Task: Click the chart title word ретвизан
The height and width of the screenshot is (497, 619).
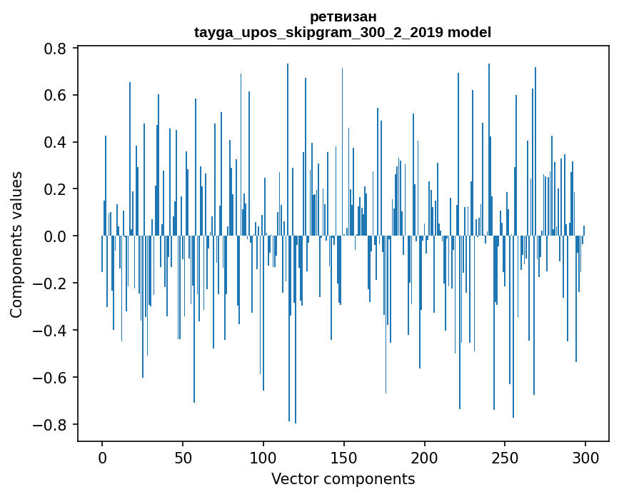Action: tap(343, 16)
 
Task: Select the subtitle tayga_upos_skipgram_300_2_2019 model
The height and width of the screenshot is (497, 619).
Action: tap(343, 32)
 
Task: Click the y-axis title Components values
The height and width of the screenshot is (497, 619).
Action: tap(16, 244)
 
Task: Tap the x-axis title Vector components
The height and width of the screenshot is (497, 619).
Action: tap(343, 478)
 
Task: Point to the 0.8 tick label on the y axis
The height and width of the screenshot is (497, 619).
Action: tap(56, 49)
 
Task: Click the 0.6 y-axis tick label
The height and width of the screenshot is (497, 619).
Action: tap(56, 96)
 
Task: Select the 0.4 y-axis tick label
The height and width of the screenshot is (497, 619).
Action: tap(56, 143)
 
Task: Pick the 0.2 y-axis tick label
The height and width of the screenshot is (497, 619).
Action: tap(56, 189)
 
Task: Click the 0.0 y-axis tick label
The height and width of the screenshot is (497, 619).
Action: tap(56, 236)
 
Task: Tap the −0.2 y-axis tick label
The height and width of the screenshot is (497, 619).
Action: tap(51, 283)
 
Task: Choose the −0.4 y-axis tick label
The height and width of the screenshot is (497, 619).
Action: tap(51, 331)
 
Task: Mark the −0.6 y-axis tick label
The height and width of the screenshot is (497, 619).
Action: tap(51, 378)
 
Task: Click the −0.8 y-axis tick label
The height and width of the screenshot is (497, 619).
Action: tap(51, 425)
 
